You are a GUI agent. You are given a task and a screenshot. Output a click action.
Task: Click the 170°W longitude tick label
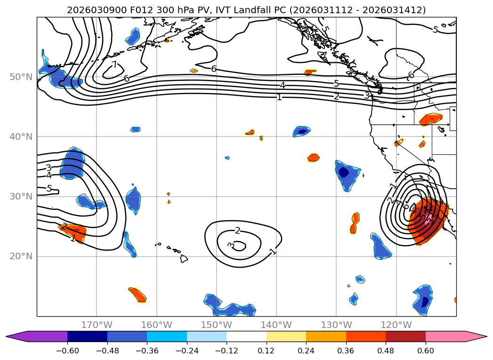97,325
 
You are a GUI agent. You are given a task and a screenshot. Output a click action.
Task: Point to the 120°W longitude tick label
396,325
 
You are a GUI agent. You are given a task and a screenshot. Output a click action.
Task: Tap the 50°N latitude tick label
21,77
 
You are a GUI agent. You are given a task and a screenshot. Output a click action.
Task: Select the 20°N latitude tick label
21,256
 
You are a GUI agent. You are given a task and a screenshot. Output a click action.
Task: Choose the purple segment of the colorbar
42,336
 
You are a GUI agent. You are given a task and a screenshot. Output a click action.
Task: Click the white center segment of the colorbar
246,336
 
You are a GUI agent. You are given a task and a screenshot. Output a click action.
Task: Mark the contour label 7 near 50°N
114,64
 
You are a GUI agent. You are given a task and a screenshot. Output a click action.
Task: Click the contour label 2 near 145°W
237,230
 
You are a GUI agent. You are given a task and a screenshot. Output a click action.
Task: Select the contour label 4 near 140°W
283,85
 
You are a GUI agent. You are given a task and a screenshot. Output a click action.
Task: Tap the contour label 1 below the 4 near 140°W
279,97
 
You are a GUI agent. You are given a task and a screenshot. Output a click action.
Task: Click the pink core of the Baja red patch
428,220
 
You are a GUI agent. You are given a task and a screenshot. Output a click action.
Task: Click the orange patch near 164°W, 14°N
137,295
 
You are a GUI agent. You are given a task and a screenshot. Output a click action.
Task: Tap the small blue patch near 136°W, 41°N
301,131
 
